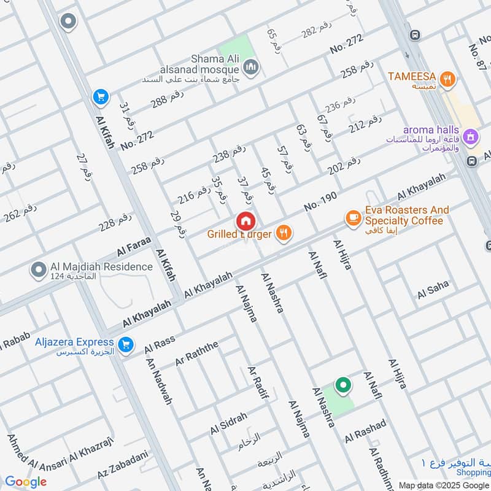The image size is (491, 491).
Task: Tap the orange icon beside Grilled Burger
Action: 283,233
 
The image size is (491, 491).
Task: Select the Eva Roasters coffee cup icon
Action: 352,218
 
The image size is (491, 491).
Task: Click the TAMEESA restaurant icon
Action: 449,78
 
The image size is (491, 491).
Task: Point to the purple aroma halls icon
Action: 470,136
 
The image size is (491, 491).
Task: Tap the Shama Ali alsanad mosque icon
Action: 250,67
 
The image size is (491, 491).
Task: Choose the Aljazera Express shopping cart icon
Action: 126,346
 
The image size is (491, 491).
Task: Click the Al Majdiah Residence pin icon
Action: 38,269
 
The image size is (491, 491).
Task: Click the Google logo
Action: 25,482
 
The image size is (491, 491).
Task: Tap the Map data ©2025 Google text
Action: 443,485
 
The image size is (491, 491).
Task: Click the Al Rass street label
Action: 160,345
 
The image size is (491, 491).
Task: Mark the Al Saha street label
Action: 433,290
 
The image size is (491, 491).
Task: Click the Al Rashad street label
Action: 366,430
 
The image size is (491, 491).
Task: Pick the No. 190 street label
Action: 321,201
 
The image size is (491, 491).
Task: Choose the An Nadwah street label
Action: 158,381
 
